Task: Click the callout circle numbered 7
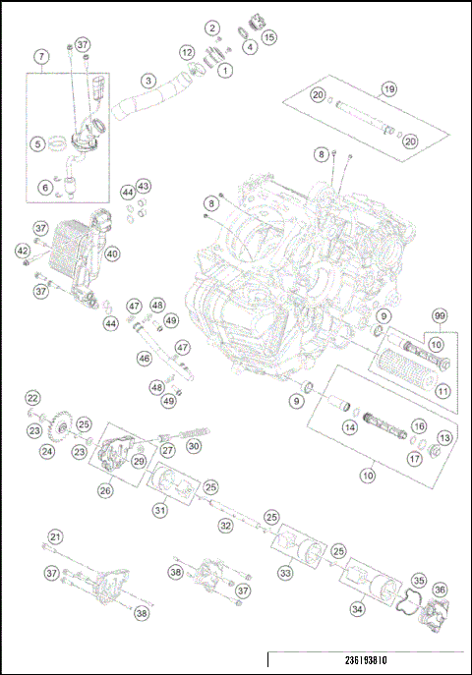coord(40,57)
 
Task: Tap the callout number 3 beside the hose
coord(147,81)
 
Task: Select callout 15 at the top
coord(268,37)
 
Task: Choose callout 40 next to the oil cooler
coord(112,253)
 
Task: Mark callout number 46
coord(145,360)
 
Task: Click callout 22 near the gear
coord(32,398)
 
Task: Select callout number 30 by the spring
coord(194,445)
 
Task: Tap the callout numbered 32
coord(225,526)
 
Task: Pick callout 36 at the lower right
coord(440,591)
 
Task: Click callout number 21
coord(56,536)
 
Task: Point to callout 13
coord(443,437)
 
